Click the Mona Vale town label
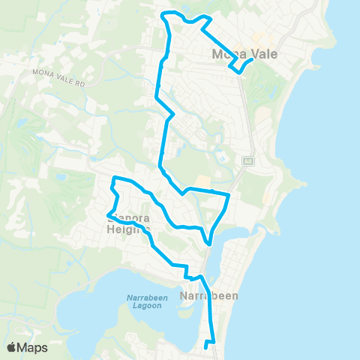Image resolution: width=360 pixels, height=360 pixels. tap(235, 53)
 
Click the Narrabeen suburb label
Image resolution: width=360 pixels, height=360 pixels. tap(210, 295)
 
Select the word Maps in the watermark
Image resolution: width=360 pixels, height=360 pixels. tap(33, 347)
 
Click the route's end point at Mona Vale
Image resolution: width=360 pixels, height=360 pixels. tap(250, 61)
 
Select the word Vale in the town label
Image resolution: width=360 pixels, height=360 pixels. tap(247, 53)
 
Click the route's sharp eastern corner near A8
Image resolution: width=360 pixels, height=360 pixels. tap(228, 195)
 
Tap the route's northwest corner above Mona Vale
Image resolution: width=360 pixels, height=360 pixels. tap(166, 13)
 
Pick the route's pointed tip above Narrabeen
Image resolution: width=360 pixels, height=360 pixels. tap(211, 243)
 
